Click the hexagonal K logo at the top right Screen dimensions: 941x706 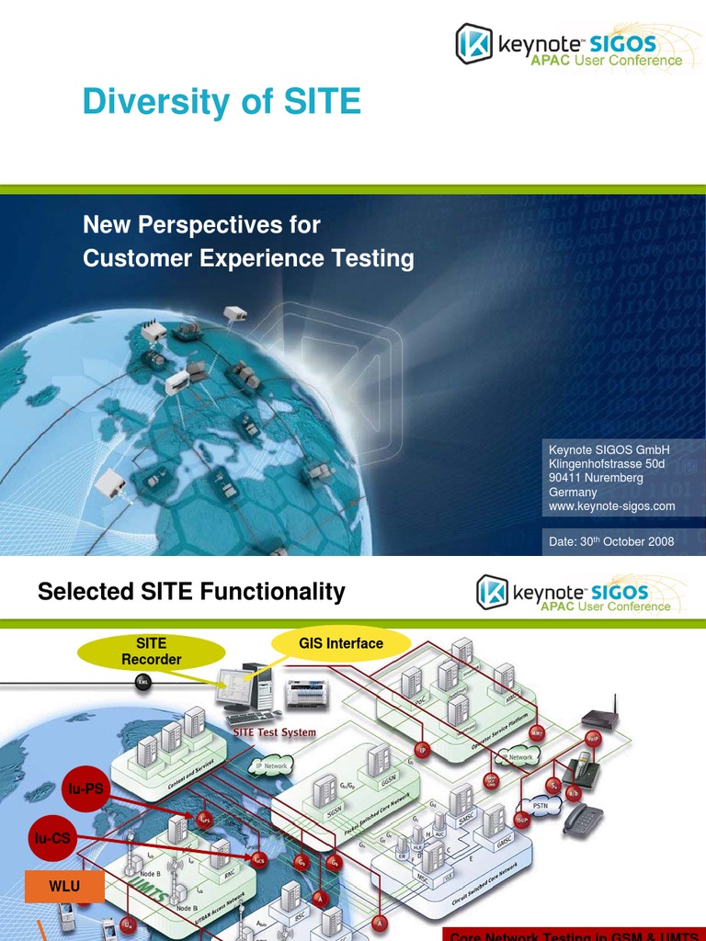coord(474,43)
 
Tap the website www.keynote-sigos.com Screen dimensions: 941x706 coord(611,506)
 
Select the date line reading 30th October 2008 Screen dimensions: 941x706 coord(611,541)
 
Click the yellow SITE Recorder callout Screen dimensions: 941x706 coord(152,652)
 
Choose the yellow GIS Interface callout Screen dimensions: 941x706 coord(341,643)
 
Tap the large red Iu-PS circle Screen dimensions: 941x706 coord(85,788)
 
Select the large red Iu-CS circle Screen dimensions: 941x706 coord(51,836)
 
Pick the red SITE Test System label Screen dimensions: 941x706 coord(274,732)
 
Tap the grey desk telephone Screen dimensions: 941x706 coord(583,818)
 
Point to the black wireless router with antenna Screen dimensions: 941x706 coord(599,718)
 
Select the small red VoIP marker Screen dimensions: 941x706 coord(593,738)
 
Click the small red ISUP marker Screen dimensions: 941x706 coord(522,820)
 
